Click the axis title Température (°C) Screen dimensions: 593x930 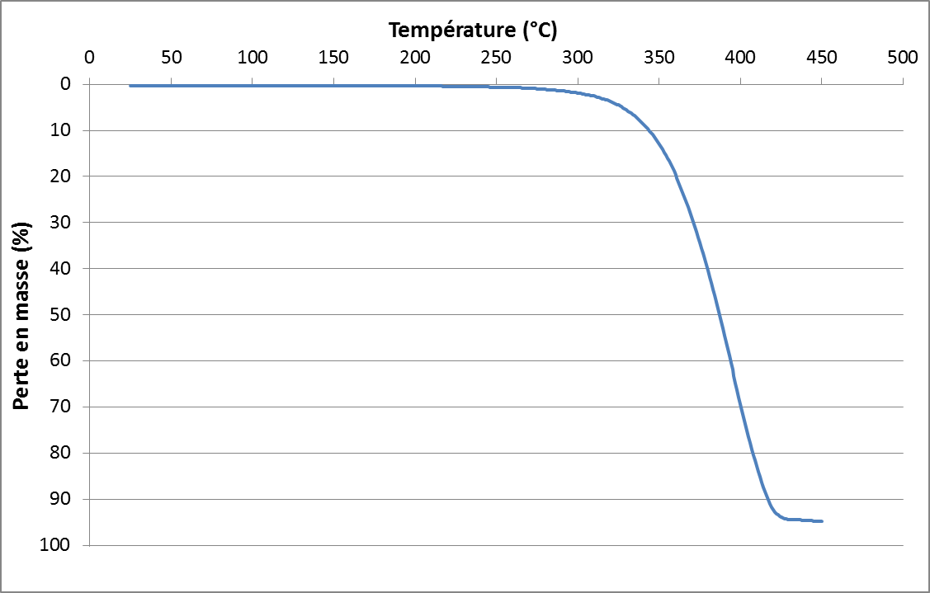coord(473,31)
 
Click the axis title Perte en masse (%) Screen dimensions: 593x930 coord(22,316)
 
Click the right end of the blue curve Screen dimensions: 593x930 coord(822,521)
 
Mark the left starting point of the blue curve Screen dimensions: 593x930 coord(130,85)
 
